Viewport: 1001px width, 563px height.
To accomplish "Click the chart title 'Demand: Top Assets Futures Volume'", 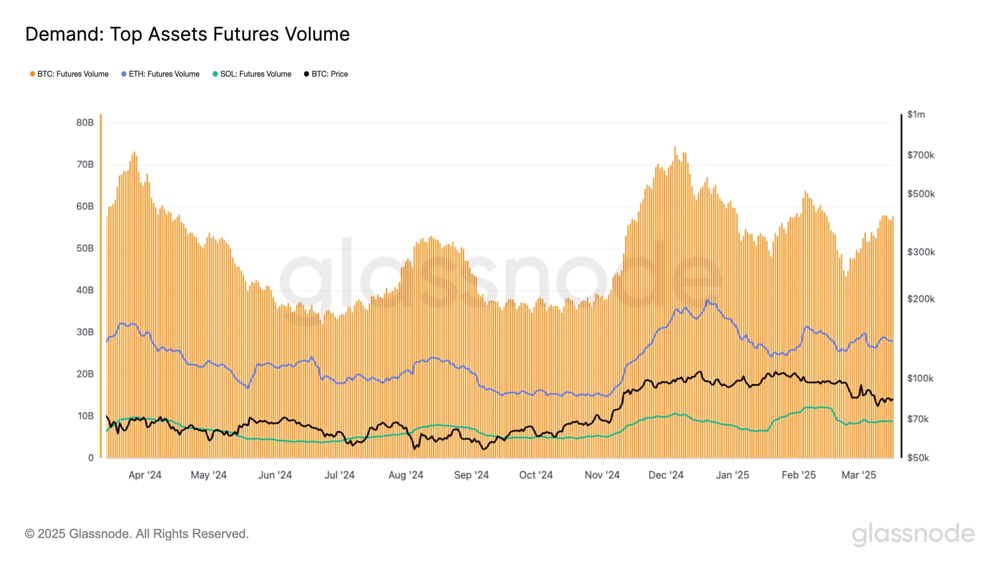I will tap(187, 34).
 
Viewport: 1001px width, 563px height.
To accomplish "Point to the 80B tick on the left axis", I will tap(85, 123).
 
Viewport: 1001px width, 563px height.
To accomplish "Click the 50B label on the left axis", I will tap(85, 248).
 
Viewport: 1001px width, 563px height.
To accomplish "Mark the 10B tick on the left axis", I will tap(85, 416).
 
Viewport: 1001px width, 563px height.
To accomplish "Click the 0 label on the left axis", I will tap(91, 457).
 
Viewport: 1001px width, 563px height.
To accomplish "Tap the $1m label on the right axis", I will tap(916, 115).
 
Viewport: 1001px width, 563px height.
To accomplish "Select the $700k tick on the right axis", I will tap(920, 155).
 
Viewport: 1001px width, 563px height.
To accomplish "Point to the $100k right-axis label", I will tap(920, 378).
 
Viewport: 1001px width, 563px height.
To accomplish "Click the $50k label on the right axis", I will tap(918, 458).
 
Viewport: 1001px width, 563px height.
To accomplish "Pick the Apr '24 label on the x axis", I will tap(145, 475).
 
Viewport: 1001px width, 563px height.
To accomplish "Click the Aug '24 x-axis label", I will tap(405, 475).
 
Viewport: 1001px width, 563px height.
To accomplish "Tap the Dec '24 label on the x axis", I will tap(666, 475).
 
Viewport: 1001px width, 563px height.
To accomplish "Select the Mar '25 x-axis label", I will tap(858, 475).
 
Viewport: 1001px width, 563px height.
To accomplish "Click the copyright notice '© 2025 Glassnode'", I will tap(137, 534).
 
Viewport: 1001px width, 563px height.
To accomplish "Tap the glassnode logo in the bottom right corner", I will tap(913, 534).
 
